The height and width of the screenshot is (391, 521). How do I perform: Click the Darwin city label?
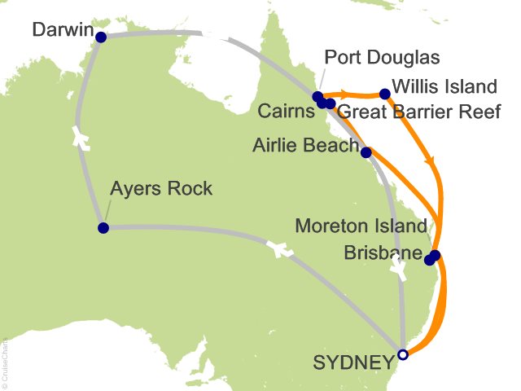point(61,30)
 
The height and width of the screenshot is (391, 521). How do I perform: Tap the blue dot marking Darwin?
point(101,37)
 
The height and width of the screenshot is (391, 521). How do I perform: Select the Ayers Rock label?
point(160,189)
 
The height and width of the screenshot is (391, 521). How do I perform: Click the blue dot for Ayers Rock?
point(103,228)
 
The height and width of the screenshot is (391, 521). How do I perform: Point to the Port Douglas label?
point(382,58)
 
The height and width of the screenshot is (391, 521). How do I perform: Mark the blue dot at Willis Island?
point(385,94)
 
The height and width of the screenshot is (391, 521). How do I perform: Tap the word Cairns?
point(286,111)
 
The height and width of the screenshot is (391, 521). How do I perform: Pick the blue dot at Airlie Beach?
point(366,152)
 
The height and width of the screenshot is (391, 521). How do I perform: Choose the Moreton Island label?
point(361,226)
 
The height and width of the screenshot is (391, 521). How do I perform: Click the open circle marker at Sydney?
point(402,354)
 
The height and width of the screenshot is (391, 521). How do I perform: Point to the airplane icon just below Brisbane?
point(398,266)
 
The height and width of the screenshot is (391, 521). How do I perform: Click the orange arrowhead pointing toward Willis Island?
point(345,94)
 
